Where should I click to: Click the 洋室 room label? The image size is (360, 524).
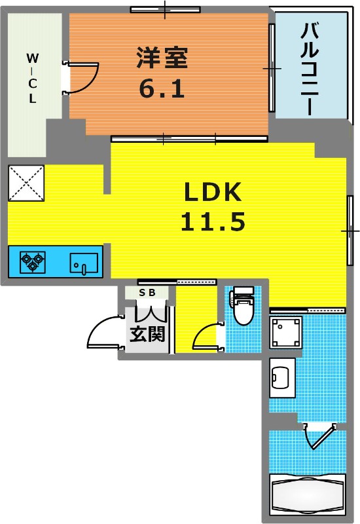pos(162,58)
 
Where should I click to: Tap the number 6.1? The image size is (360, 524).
pos(162,88)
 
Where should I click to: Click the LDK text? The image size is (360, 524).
pos(213,193)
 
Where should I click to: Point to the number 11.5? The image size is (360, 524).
pos(213,221)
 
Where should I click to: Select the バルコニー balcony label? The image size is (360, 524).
pos(310,69)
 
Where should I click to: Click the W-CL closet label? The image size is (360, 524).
pos(32,78)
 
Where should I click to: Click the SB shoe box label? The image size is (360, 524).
pos(147,293)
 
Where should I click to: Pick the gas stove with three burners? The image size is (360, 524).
pos(33,261)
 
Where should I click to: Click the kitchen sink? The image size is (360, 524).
pos(84,263)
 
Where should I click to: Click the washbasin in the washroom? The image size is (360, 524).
pos(282,378)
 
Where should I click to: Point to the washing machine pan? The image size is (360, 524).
pos(285,333)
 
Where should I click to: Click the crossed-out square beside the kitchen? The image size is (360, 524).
pos(26,183)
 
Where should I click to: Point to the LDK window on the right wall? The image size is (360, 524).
pos(350,231)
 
